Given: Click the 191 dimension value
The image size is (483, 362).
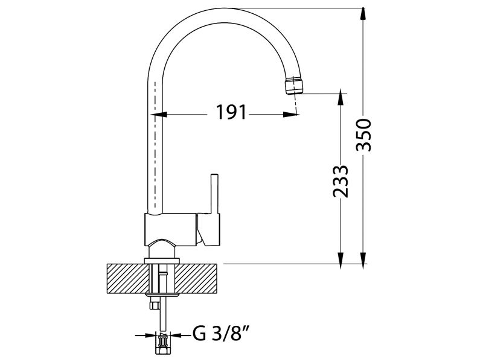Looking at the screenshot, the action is click(231, 112).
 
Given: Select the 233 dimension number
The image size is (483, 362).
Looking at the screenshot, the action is click(341, 182).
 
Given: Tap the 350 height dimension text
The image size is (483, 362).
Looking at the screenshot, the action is click(364, 135).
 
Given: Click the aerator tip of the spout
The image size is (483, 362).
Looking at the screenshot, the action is click(294, 86).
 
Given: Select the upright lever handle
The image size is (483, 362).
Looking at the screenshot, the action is click(214, 194).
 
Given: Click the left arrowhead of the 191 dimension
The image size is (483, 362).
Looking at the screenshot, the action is click(158, 115).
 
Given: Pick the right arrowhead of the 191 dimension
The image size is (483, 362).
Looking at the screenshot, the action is click(291, 115).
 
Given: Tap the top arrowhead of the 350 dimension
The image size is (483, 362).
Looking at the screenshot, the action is click(363, 14).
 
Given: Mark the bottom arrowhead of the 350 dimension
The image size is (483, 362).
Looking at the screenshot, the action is click(363, 258).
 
